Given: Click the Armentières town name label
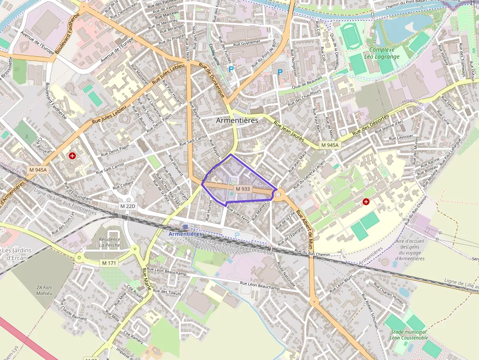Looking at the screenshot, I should coord(237,120).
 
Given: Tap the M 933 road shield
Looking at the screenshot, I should coord(242,189).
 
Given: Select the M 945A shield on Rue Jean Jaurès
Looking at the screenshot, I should coord(330,146).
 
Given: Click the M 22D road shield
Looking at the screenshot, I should coord(128,206).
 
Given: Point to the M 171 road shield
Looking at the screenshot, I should coord(109,263).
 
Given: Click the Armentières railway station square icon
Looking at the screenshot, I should coord(185,227).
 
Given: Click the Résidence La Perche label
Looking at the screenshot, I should coord(109,242).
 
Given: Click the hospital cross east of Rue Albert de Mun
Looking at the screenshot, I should coord(366,202).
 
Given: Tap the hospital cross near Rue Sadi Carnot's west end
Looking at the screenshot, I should coord(72,156).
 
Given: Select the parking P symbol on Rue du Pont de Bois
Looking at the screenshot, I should coord(280,72).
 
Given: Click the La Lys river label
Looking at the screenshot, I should coord(271,2).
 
